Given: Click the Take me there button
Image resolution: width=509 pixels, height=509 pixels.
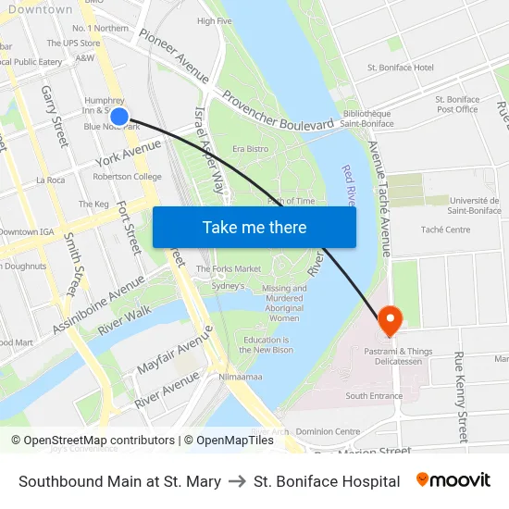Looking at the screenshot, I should click(x=254, y=227).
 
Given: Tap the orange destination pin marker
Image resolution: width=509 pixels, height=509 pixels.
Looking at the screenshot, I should click(x=390, y=320).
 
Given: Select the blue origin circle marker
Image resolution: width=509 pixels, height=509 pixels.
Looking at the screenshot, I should click(x=119, y=117).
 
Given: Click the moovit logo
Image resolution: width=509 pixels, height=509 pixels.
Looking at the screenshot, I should click(x=453, y=480).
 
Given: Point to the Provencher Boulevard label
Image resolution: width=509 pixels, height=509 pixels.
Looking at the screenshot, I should click(x=278, y=110).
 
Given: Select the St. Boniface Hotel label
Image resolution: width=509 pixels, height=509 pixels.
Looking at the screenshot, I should click(x=400, y=68).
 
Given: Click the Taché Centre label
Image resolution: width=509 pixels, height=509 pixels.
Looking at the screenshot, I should click(x=445, y=230).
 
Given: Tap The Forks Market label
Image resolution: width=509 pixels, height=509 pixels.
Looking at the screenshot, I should click(x=228, y=268).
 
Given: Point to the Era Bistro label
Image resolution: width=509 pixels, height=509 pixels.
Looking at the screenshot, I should click(x=250, y=149).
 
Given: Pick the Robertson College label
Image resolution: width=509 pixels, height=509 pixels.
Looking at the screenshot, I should click(x=127, y=177).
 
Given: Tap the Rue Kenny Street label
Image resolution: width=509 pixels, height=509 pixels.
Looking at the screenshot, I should click(x=460, y=397).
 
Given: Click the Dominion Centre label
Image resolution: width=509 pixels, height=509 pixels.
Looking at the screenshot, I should click(x=328, y=431).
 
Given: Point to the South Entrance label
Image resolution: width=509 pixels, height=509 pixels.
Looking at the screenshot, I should click(x=374, y=396).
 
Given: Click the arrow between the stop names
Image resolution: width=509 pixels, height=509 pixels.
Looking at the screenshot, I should click(x=237, y=481).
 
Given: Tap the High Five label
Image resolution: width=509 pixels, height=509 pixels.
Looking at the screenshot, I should click(x=214, y=20).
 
